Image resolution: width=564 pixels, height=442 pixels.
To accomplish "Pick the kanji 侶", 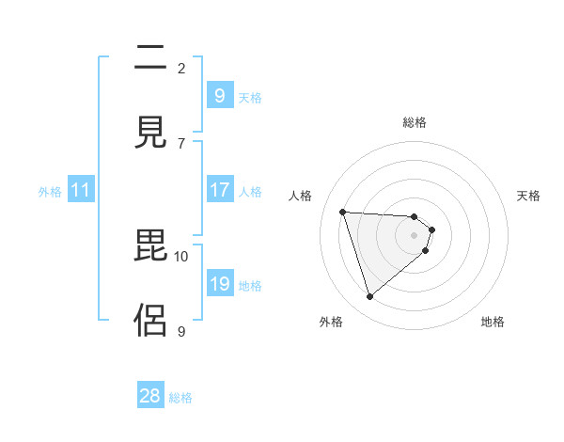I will pos(149,319).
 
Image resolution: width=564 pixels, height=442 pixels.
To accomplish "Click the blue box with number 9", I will pos(219,95).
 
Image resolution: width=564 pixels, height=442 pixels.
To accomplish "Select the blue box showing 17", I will pos(219,190).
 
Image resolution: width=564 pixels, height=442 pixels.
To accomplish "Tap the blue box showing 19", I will pos(219,284).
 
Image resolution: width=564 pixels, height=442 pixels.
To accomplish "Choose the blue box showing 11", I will pos(81,190).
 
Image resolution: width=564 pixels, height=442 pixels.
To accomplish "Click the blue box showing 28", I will pos(150,396).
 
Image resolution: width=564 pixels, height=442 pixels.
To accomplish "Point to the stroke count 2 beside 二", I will pos(181,68).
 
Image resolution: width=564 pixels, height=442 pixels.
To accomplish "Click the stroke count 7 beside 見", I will pos(181,143).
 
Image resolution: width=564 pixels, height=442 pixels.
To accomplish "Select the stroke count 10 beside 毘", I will pos(181,256).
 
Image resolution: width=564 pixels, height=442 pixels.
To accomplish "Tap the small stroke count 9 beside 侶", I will pos(181,331).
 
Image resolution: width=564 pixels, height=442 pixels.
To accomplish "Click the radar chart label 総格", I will pos(415,122).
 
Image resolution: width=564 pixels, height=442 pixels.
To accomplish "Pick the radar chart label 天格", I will pos(528,196).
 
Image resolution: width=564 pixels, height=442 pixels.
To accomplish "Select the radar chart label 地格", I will pos(493,322).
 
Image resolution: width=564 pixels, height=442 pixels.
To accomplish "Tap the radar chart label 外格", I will pos(331,322).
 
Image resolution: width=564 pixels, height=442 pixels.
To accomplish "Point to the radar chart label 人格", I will pos(301,196).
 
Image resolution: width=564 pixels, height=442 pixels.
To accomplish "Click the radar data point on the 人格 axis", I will pos(343,212).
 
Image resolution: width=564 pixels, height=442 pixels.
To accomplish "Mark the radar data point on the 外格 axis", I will pos(369,297).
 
